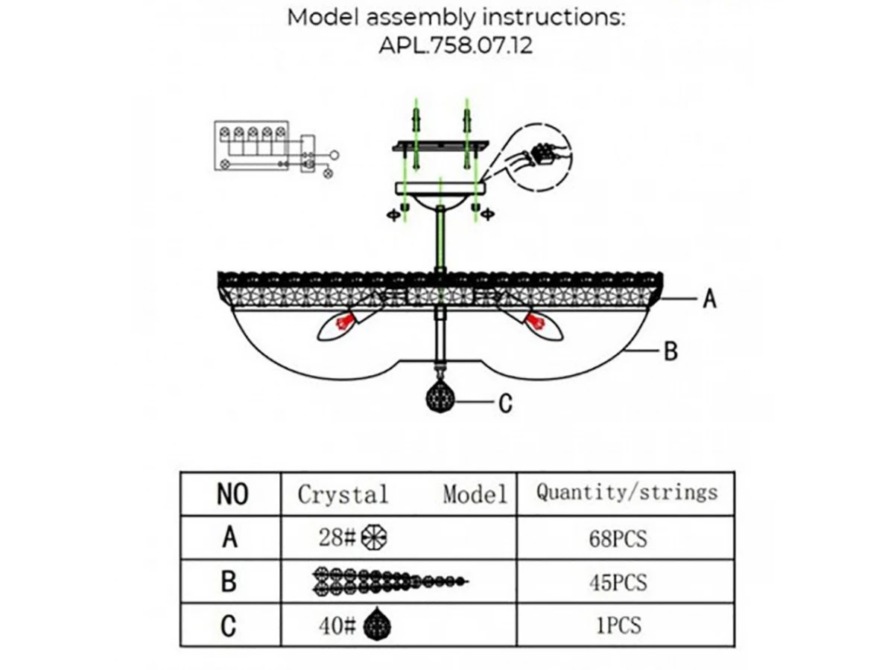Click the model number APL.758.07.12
pyautogui.click(x=455, y=45)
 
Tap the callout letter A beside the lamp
pyautogui.click(x=709, y=299)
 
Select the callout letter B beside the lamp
pyautogui.click(x=670, y=351)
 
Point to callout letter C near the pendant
pyautogui.click(x=505, y=403)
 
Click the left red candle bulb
pyautogui.click(x=343, y=322)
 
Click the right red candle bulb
pyautogui.click(x=534, y=322)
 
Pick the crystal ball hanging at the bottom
pyautogui.click(x=440, y=398)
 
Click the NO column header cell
pyautogui.click(x=232, y=494)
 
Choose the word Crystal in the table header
pyautogui.click(x=343, y=494)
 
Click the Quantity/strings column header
pyautogui.click(x=627, y=492)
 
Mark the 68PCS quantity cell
pyautogui.click(x=618, y=538)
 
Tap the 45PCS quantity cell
pyautogui.click(x=618, y=581)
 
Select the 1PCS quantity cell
pyautogui.click(x=618, y=625)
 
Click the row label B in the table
pyautogui.click(x=229, y=581)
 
